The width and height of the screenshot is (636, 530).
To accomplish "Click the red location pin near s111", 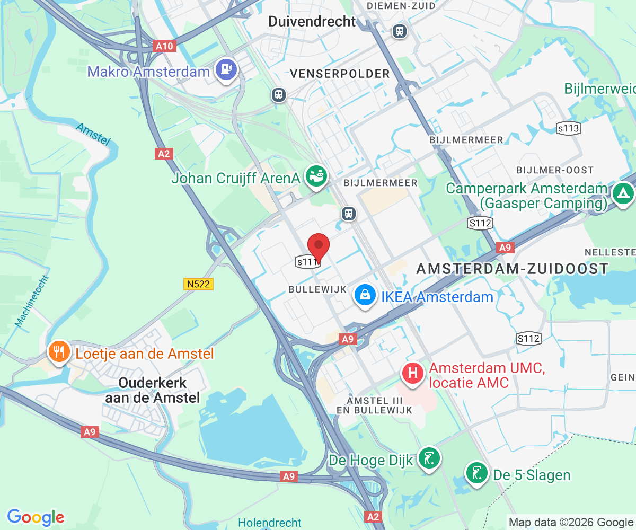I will coord(319,245).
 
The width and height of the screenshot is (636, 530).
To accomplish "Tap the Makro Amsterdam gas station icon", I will coord(226,69).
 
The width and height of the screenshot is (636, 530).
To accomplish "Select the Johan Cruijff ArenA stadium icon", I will coord(316,176).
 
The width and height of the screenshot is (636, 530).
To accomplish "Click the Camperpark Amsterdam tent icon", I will coord(623,193).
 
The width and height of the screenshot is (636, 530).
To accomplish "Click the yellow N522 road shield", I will coord(199,284).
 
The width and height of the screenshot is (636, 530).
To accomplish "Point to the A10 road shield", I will coord(164,46).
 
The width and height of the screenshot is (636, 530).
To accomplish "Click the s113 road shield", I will coord(568,128).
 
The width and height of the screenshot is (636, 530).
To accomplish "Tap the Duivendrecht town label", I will coord(312,22).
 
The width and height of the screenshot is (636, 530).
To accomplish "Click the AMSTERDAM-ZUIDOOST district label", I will coord(512,269).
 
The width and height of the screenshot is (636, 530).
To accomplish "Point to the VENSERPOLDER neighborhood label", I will coord(340,74).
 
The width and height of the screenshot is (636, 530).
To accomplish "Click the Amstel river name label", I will coord(93,134).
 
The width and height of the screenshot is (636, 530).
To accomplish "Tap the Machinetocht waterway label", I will coord(33,301).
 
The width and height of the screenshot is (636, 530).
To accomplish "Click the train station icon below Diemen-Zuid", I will coord(400,31).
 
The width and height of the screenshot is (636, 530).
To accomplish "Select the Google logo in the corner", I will coord(36,517).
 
